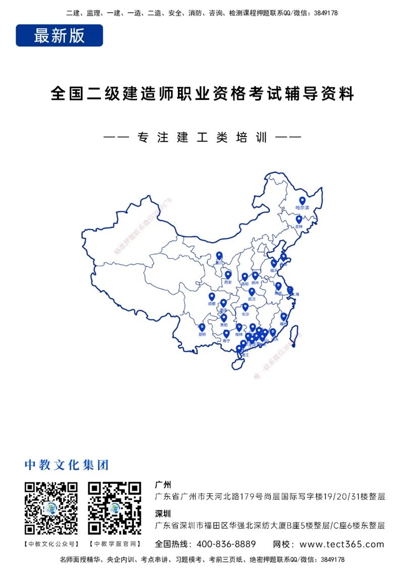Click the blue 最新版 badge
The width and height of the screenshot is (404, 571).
click(59, 35)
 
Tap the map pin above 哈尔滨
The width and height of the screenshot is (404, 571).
click(302, 200)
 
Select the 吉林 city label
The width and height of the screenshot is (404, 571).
click(299, 227)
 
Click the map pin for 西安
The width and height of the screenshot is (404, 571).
click(228, 274)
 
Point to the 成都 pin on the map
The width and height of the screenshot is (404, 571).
click(212, 297)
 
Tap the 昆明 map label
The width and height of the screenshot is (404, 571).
click(202, 334)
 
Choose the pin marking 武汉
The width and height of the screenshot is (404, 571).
click(251, 292)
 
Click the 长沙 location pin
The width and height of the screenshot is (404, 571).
click(245, 306)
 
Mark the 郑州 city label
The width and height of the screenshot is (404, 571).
click(256, 283)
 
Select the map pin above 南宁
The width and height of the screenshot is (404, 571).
click(226, 333)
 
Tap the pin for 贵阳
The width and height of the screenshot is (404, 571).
click(224, 318)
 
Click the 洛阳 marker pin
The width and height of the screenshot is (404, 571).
click(245, 276)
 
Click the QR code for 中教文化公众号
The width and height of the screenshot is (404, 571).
click(51, 508)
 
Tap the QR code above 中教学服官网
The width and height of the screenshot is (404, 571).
click(115, 508)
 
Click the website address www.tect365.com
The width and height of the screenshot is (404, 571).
click(341, 544)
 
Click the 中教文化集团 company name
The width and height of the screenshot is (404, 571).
click(67, 465)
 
